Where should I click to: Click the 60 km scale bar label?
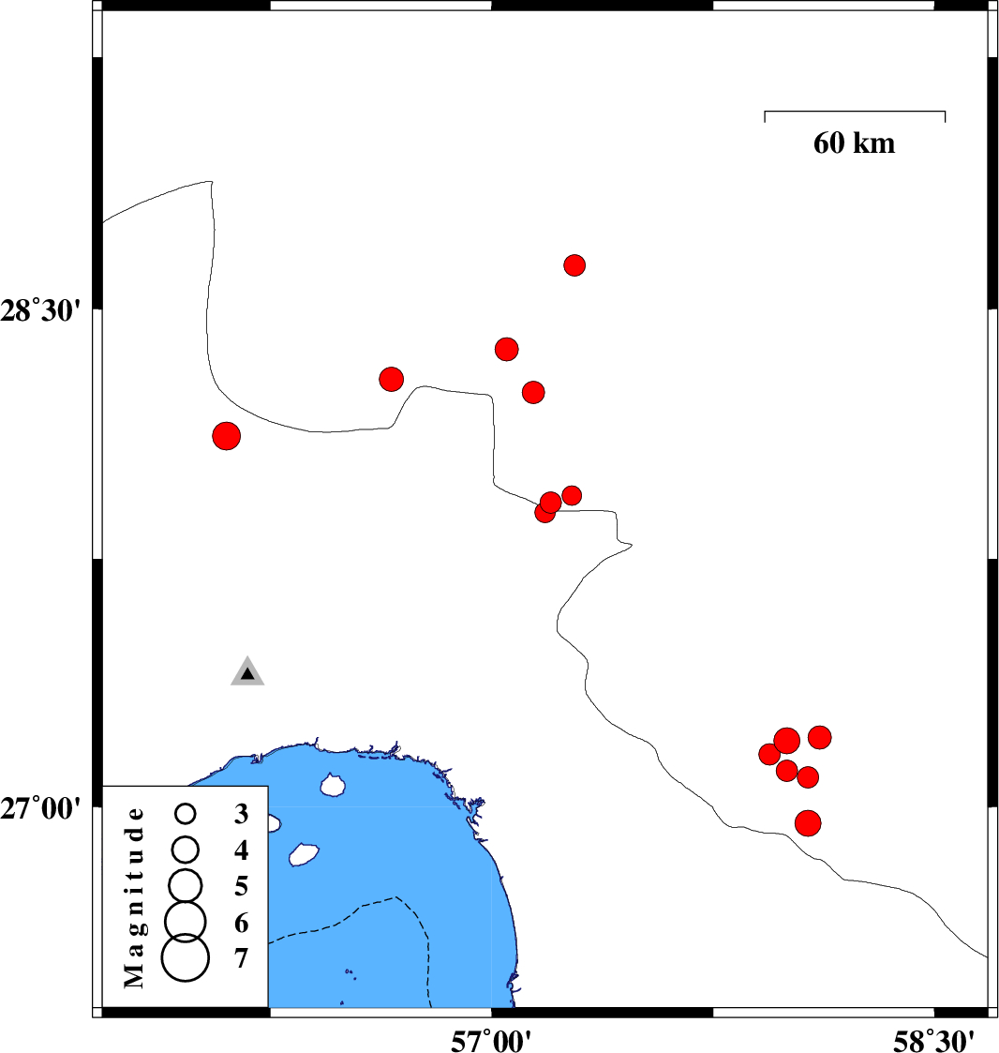point(854,143)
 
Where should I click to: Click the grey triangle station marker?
point(247,670)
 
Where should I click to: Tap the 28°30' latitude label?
point(40,311)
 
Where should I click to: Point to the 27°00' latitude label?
point(40,808)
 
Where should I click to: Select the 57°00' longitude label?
point(491,1041)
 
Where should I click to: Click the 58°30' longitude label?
point(933,1041)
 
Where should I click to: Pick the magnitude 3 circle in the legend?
point(186,814)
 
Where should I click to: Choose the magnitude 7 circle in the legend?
point(186,957)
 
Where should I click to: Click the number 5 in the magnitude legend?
point(241,886)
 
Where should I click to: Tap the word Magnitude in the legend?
point(134,898)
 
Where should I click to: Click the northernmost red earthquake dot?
point(574,265)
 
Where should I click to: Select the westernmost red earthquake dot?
point(226,436)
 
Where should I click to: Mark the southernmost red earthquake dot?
point(808,822)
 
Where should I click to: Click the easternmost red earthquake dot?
point(819,737)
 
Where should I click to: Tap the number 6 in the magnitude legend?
point(241,924)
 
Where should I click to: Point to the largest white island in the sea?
point(303,854)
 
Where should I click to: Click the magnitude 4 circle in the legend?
point(186,850)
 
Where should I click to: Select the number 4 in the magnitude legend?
point(241,850)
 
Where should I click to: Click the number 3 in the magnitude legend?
point(241,814)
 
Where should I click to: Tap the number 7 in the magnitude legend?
point(241,958)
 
